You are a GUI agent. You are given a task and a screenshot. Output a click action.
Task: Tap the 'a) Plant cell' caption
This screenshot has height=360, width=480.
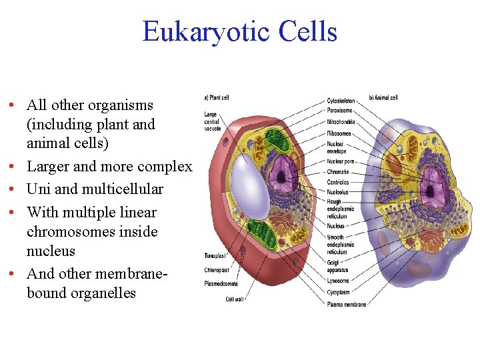click(216, 97)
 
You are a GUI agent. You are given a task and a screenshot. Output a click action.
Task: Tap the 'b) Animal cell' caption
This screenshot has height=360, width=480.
click(383, 98)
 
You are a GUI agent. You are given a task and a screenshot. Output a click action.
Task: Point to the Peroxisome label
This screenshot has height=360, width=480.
click(341, 111)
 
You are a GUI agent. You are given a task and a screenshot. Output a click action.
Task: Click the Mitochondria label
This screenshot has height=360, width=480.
click(341, 121)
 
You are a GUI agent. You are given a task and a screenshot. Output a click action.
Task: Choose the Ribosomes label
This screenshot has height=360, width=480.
click(339, 132)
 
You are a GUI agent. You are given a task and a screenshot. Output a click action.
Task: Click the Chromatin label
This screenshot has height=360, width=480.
click(339, 171)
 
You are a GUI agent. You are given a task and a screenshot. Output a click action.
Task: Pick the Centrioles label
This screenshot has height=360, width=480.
click(339, 182)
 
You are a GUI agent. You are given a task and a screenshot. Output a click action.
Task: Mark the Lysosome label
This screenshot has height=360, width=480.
click(338, 281)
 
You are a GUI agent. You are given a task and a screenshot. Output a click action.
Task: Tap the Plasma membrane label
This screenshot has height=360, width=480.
click(347, 304)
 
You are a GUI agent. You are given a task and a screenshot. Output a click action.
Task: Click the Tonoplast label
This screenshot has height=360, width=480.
click(214, 256)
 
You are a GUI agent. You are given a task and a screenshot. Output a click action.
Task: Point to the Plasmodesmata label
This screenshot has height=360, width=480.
click(220, 283)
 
